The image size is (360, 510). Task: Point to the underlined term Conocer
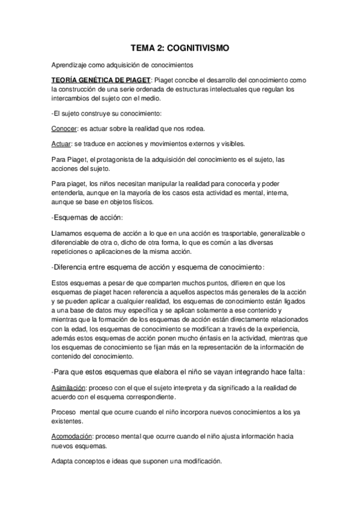63,128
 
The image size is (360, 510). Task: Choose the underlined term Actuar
60,144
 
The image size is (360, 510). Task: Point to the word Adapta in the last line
63,461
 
